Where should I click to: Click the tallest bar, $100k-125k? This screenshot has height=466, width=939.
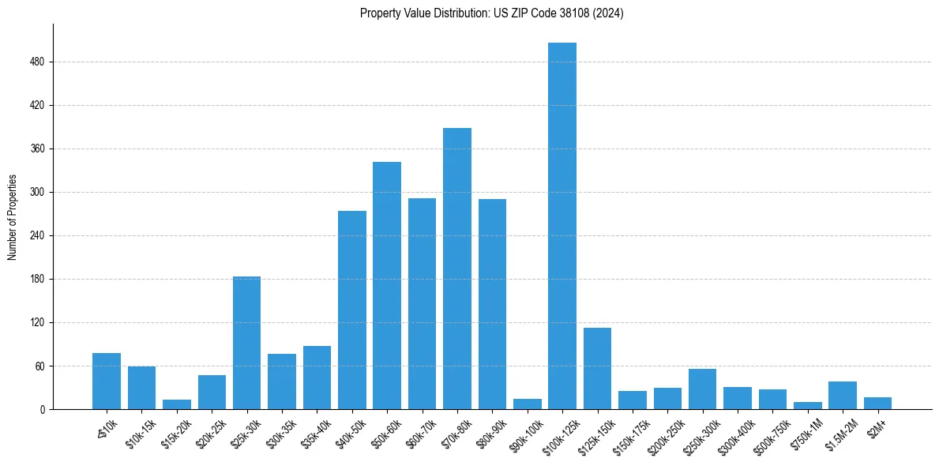point(562,226)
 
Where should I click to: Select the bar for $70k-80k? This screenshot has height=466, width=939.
point(456,269)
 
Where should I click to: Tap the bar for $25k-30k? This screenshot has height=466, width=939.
point(246,343)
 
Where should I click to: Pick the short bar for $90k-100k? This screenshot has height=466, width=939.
point(527,404)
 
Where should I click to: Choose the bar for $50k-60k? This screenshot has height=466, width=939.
point(387,285)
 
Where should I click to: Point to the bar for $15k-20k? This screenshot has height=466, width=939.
point(176,404)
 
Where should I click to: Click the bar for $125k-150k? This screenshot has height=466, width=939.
point(597,368)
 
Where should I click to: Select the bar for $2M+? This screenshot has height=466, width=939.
point(877,404)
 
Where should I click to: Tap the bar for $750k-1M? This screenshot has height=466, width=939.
point(807,406)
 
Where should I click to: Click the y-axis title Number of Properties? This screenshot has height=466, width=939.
point(12,216)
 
